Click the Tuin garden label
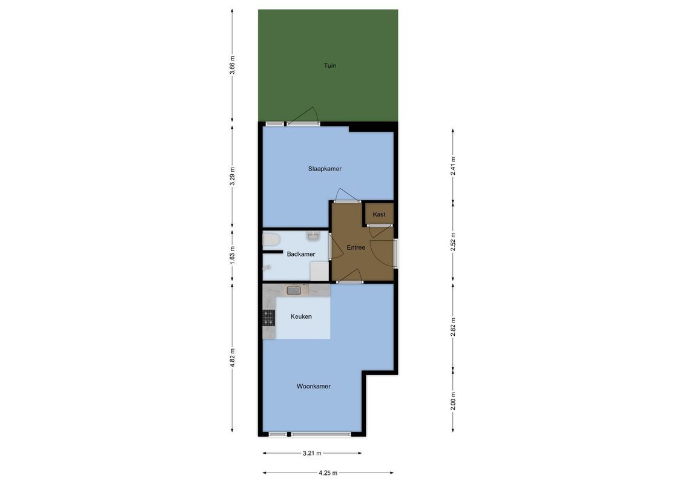pyautogui.click(x=329, y=65)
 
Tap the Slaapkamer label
pyautogui.click(x=325, y=169)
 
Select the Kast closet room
pyautogui.click(x=379, y=214)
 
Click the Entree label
pyautogui.click(x=356, y=247)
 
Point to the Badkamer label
pyautogui.click(x=301, y=254)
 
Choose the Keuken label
pyautogui.click(x=301, y=316)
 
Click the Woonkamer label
pyautogui.click(x=313, y=386)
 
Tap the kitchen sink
pyautogui.click(x=294, y=290)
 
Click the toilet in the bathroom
pyautogui.click(x=270, y=240)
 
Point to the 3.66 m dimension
pyautogui.click(x=233, y=65)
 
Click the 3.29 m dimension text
pyautogui.click(x=233, y=176)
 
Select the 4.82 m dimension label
pyautogui.click(x=233, y=358)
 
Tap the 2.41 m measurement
pyautogui.click(x=453, y=165)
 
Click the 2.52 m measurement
pyautogui.click(x=453, y=241)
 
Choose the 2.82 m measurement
pyautogui.click(x=453, y=326)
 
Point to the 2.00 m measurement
pyautogui.click(x=453, y=401)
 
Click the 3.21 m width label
pyautogui.click(x=312, y=453)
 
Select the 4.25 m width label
pyautogui.click(x=328, y=473)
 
